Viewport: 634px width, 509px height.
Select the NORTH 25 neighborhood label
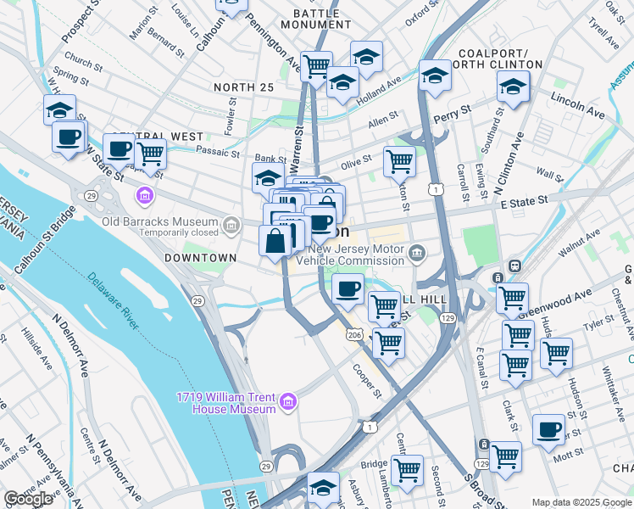point(244,87)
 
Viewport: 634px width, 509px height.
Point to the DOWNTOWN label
point(200,257)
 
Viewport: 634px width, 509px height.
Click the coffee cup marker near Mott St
point(548,429)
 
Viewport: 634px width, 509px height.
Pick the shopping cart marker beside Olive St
point(398,160)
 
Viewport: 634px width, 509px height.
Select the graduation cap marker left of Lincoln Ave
point(513,87)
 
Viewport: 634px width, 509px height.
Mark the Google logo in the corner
point(29,499)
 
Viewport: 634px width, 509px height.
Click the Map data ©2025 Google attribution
point(581,502)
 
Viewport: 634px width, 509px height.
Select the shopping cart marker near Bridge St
point(407,471)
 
